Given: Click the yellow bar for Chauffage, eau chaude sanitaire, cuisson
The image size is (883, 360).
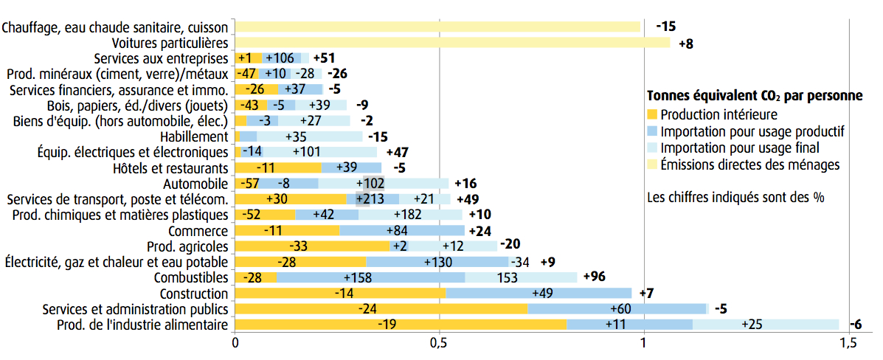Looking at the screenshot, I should (437, 27).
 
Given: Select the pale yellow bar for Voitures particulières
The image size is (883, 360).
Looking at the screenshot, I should (452, 43).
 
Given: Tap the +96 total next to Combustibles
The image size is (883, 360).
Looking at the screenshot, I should (594, 277).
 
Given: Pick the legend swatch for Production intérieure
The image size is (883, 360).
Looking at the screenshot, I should (651, 115).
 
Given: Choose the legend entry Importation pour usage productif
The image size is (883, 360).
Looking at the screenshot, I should (752, 132).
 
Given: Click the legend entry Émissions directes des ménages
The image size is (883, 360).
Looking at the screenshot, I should (749, 165).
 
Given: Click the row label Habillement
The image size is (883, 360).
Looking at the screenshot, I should (194, 136).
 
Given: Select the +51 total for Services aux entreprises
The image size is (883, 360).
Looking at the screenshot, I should (325, 58).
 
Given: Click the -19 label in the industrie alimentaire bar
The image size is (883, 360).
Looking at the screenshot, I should (387, 325).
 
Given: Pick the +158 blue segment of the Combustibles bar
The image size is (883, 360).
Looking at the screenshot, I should (371, 277).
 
